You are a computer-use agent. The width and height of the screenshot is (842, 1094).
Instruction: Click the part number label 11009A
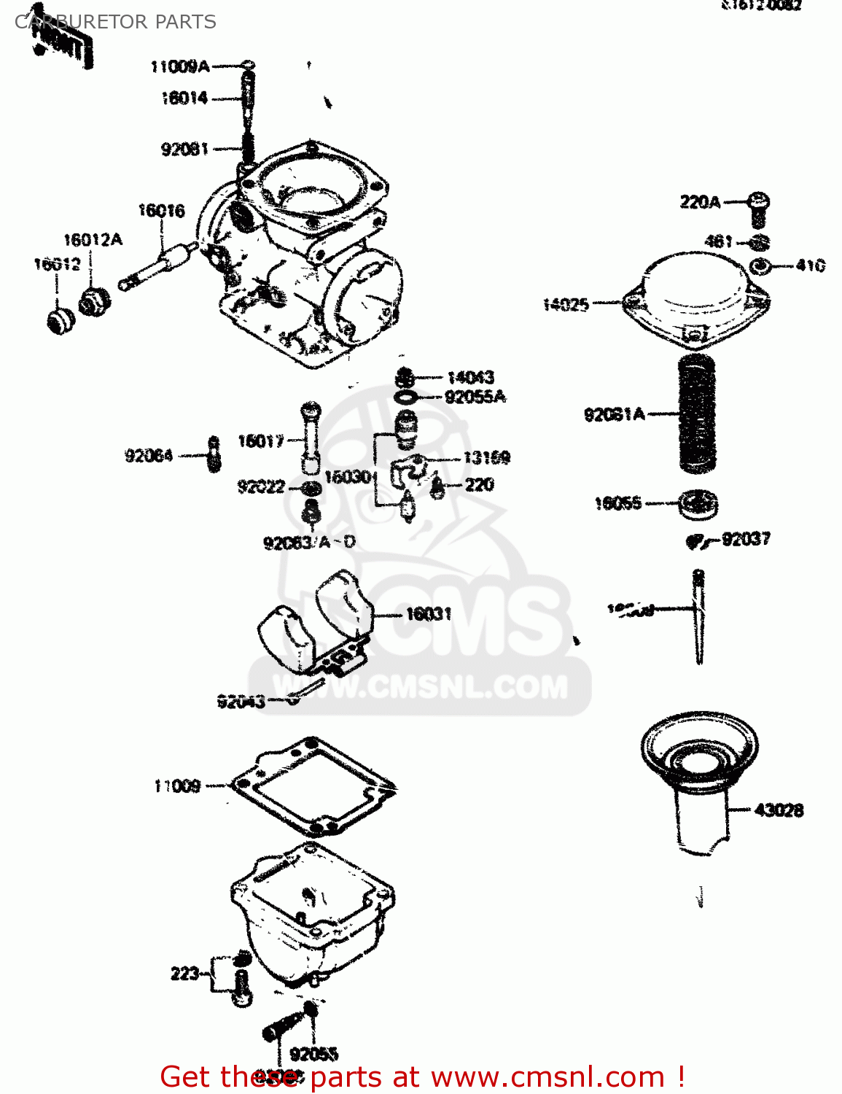point(180,67)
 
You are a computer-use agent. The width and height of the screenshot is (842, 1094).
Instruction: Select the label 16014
point(184,98)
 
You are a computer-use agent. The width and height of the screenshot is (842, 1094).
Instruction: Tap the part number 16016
point(161,211)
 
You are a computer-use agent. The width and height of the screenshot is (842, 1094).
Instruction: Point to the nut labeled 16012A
point(95,300)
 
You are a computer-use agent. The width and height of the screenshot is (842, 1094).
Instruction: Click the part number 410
point(810,265)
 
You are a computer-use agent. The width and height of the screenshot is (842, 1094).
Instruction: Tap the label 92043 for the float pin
point(241,702)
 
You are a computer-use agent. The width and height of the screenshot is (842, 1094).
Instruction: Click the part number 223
point(184,974)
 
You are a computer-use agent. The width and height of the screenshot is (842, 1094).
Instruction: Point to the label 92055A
point(475,397)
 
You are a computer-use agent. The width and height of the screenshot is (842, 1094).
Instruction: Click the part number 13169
point(487,458)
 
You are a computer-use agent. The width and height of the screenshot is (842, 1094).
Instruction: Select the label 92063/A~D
point(309,543)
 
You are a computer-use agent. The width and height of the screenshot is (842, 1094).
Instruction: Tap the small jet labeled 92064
point(214,455)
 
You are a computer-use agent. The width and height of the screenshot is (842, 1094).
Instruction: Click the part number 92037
point(746,540)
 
